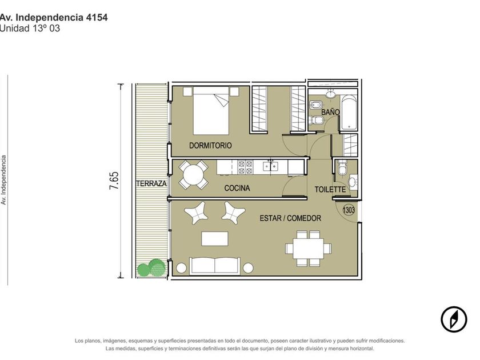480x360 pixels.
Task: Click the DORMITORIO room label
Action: [x=210, y=145]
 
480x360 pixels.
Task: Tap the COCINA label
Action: [x=237, y=188]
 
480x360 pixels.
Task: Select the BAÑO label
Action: [x=330, y=112]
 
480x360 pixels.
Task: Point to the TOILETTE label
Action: [x=330, y=190]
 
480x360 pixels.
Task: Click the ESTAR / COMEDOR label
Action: [x=290, y=218]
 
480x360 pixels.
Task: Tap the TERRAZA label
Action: [x=151, y=183]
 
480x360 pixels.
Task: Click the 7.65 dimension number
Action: [x=114, y=181]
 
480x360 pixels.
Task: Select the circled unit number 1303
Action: [x=349, y=210]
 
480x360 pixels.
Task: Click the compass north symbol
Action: [x=454, y=319]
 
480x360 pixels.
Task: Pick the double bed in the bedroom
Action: [x=211, y=110]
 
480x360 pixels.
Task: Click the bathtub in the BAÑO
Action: [x=349, y=113]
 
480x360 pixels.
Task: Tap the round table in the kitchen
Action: [x=193, y=175]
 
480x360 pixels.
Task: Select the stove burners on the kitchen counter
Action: [x=246, y=167]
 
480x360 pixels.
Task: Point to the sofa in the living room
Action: [x=215, y=266]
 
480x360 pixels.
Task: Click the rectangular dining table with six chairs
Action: [x=308, y=248]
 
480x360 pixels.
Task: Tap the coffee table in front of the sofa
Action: [x=215, y=239]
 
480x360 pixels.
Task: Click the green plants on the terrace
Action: [x=151, y=267]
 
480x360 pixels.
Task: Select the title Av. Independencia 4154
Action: [x=54, y=18]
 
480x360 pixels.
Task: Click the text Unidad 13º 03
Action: [x=30, y=29]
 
